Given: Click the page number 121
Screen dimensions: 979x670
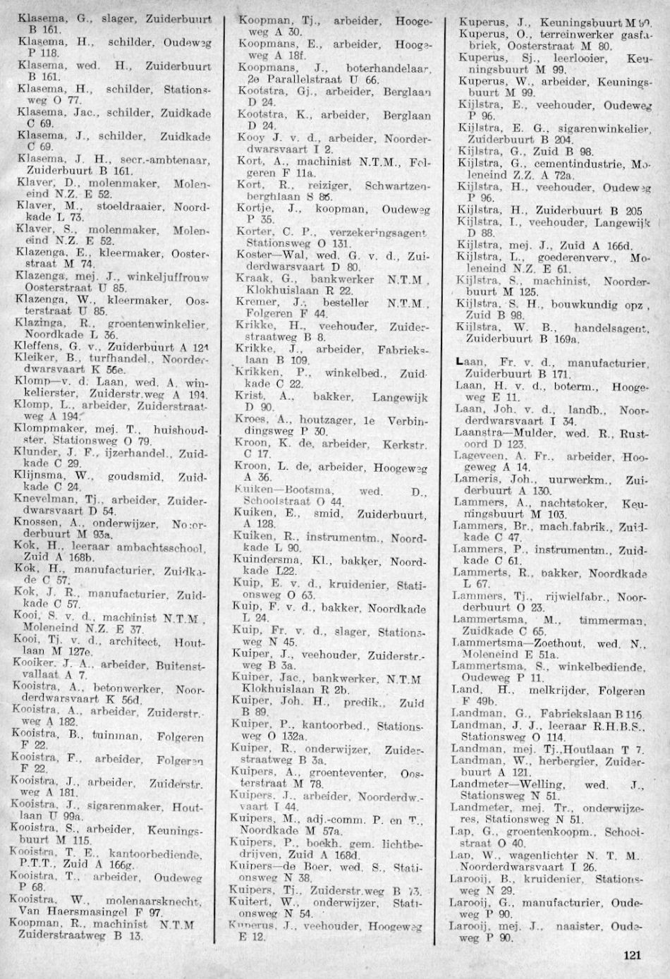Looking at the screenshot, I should [x=631, y=956].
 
